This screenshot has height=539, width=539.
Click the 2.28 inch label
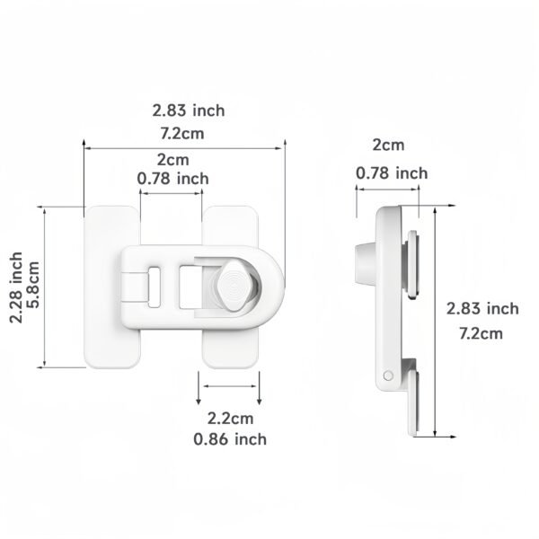coord(16,287)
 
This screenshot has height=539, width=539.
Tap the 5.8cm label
coord(34,285)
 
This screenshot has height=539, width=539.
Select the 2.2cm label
coord(230,419)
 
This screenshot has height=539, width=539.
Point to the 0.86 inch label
coord(230,439)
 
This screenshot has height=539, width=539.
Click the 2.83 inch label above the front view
coord(189,110)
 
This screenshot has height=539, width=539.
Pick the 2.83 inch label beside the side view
coord(482,309)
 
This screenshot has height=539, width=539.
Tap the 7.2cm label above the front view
coord(182,133)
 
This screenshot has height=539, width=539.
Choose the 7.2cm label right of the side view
coord(481,334)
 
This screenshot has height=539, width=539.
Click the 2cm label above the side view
coord(388,145)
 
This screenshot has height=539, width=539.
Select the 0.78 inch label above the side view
coord(392,172)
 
